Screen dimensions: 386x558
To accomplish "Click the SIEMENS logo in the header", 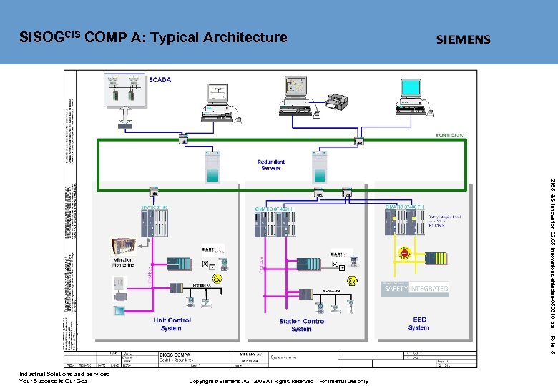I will coord(464,39).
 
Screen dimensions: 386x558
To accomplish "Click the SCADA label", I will coord(160,79).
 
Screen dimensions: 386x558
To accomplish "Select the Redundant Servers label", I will coord(271,165).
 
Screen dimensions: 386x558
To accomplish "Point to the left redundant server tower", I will coord(212,165).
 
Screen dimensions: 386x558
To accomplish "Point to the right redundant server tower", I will coord(318,166).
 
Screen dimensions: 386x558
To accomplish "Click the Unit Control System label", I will coord(172,325).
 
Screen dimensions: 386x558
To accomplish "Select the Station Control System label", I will coord(302,325).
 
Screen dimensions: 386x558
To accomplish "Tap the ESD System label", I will coord(418,324).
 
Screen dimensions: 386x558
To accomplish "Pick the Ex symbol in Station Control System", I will coord(352,281).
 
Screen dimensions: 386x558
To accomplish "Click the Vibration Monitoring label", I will coord(123,262).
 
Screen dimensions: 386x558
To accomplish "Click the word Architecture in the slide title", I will coord(245,37).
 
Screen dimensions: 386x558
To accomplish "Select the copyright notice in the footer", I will coord(278,382).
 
